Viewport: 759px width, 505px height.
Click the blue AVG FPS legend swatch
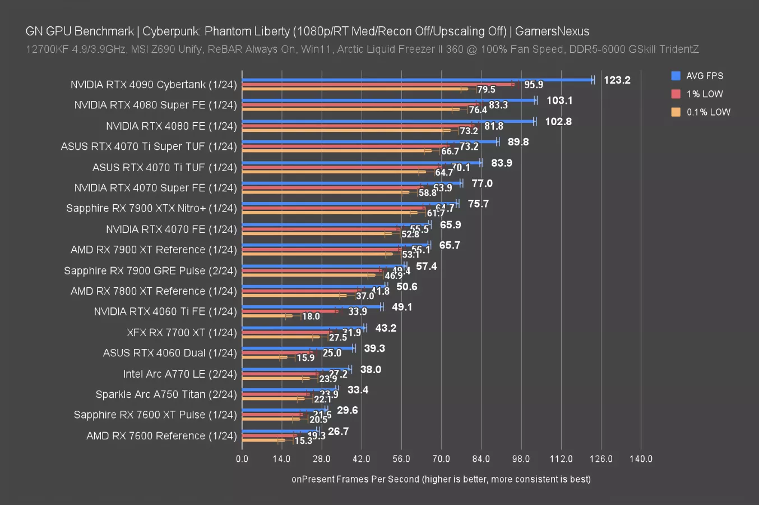(675, 76)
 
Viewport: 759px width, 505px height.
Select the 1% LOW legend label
(705, 94)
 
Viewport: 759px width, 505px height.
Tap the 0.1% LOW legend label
(709, 112)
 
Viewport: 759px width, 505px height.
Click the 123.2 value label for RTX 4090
(617, 80)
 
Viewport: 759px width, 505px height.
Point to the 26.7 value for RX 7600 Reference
(338, 431)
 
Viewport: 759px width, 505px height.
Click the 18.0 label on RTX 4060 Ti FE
(311, 316)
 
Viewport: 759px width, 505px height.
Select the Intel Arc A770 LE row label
(180, 374)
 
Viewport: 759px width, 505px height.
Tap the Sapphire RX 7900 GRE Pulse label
(150, 270)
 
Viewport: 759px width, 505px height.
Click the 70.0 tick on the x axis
(441, 459)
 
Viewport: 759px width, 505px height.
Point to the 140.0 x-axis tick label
(641, 459)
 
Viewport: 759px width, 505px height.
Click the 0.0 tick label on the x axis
(242, 459)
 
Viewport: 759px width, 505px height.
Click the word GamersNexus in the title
(552, 31)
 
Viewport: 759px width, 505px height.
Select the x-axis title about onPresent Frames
(441, 479)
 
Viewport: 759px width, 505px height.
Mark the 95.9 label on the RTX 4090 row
(533, 85)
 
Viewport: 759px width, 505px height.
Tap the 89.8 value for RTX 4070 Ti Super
(518, 141)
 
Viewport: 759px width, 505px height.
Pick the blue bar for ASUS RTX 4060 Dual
(297, 348)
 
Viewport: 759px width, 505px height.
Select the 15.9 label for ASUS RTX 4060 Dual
(306, 357)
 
